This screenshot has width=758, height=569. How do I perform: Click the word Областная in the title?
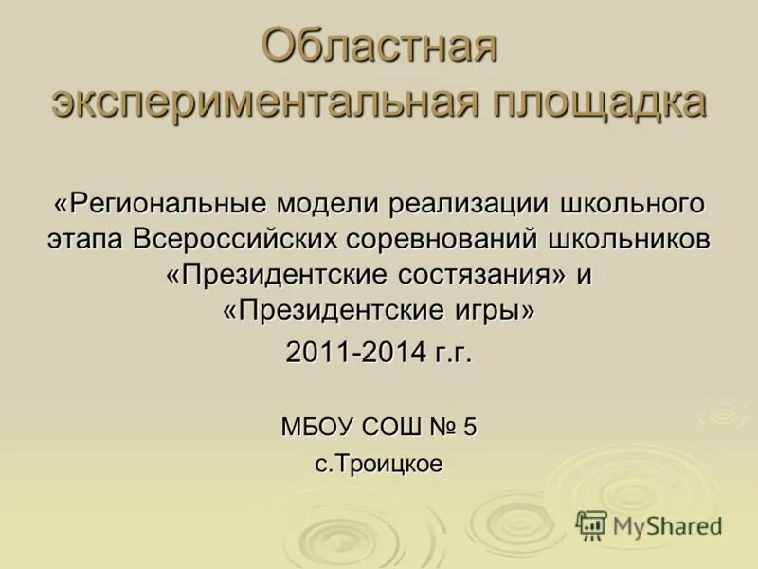click(x=379, y=48)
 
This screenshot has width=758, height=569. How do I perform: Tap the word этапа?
click(x=86, y=238)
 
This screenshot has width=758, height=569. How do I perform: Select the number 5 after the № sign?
click(x=470, y=427)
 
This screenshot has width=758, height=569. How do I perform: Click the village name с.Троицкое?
click(x=379, y=465)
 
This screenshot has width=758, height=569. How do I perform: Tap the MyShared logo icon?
click(x=591, y=524)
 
